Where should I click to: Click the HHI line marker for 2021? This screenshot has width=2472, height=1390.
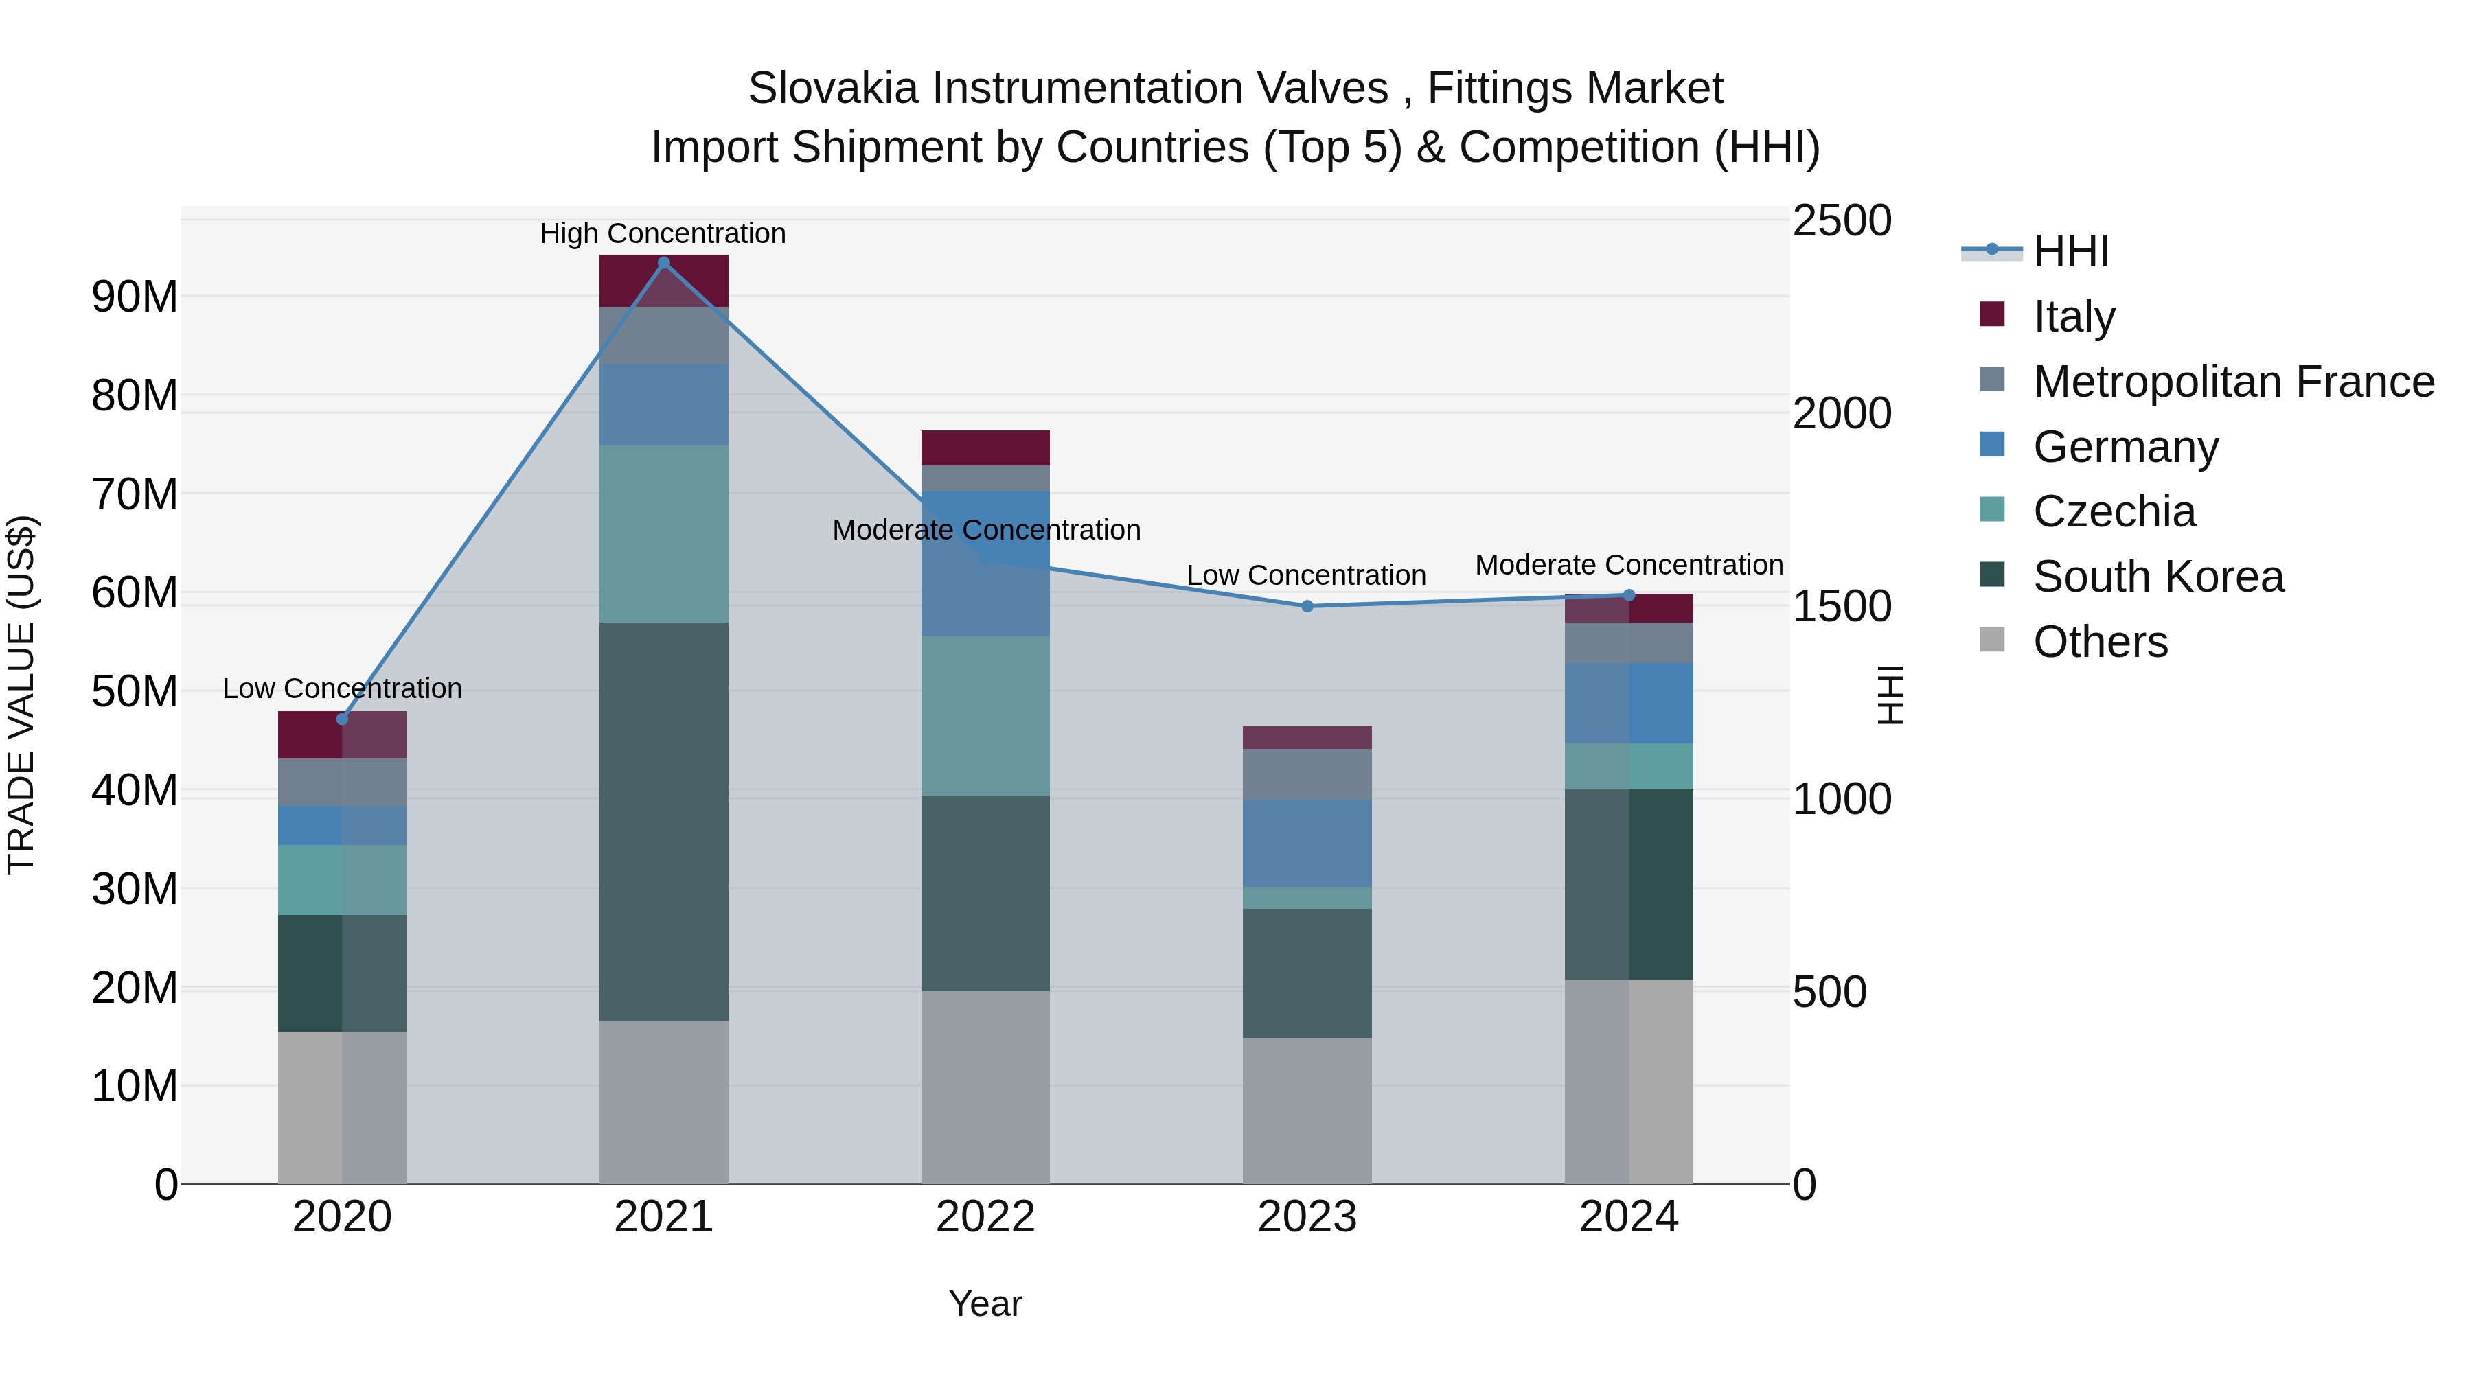pyautogui.click(x=663, y=263)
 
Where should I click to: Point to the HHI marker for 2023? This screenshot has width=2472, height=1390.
pyautogui.click(x=1306, y=606)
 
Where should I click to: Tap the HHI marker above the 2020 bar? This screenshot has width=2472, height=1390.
pyautogui.click(x=343, y=719)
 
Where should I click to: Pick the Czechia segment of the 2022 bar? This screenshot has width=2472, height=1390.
pyautogui.click(x=985, y=716)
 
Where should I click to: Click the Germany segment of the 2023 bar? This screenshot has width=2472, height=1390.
pyautogui.click(x=1306, y=843)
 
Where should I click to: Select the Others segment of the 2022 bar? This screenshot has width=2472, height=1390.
pyautogui.click(x=985, y=1087)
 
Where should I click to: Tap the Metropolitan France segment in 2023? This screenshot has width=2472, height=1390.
pyautogui.click(x=1306, y=774)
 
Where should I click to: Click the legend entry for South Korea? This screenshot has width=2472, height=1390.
pyautogui.click(x=2158, y=577)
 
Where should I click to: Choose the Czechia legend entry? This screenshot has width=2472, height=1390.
pyautogui.click(x=2114, y=511)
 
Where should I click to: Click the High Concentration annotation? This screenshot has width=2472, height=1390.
pyautogui.click(x=663, y=233)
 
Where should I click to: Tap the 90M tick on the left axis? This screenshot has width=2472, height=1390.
pyautogui.click(x=135, y=297)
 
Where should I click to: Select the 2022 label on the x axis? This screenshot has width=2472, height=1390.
pyautogui.click(x=985, y=1217)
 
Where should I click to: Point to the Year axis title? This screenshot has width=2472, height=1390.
pyautogui.click(x=985, y=1304)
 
